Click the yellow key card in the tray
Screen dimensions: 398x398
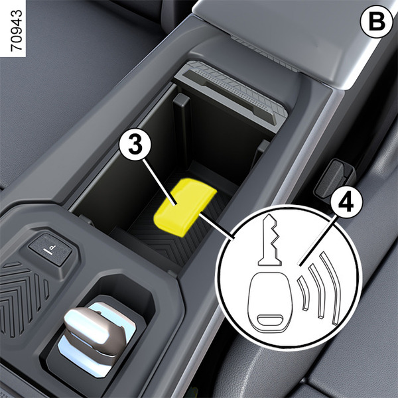coord(185,207)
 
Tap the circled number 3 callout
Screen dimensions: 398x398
coord(135,145)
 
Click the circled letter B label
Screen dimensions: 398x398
coord(376,22)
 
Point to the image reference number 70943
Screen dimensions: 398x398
coord(17,31)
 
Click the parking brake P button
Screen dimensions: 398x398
coord(50,249)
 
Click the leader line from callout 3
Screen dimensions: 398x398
coord(160,182)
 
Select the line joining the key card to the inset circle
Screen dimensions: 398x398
coord(216,226)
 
